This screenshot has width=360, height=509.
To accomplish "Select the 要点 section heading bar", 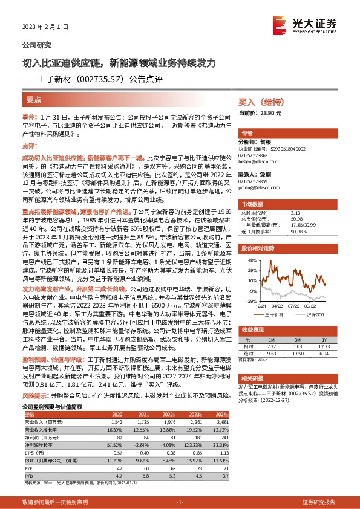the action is point(34,99).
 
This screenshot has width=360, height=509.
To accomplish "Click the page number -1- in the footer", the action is point(179,502).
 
